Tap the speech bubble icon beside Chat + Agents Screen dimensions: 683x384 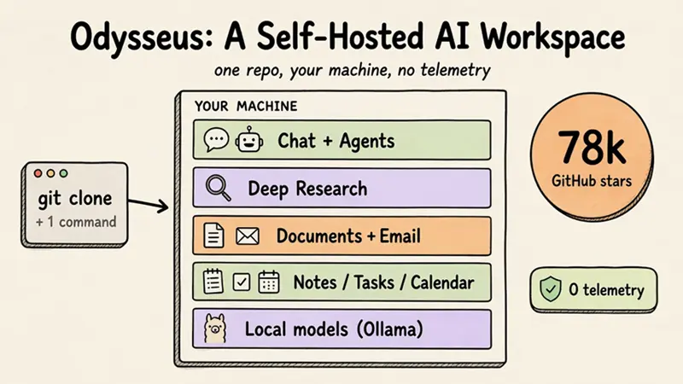(x=216, y=140)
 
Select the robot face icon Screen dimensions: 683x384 (x=248, y=139)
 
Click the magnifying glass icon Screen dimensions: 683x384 (x=219, y=188)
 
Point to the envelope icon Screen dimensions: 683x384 (x=248, y=236)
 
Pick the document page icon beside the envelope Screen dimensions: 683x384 (x=214, y=236)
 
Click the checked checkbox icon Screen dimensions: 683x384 (x=242, y=282)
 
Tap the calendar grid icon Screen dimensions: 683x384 (x=269, y=282)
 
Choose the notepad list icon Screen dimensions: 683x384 (x=213, y=281)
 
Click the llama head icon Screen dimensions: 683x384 (x=215, y=329)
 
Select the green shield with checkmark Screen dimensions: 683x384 (x=551, y=288)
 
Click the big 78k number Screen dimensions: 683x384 (x=592, y=147)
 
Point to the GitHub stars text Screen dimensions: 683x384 (x=592, y=180)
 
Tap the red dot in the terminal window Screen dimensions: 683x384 (x=38, y=173)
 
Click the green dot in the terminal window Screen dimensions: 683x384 (x=63, y=173)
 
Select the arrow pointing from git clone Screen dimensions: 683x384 (x=148, y=205)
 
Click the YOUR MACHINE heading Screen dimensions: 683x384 (x=246, y=106)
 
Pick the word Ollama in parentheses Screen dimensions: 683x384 (x=390, y=329)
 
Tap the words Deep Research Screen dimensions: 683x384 (x=307, y=189)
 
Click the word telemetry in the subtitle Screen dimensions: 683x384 (x=455, y=70)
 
